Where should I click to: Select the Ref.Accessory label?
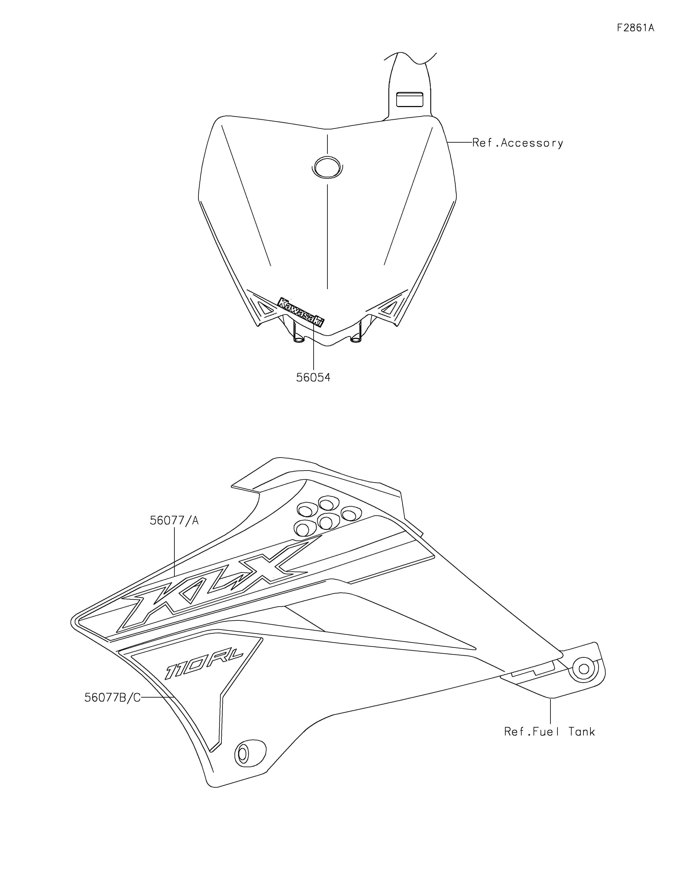pyautogui.click(x=518, y=143)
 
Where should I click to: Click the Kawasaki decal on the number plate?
pyautogui.click(x=301, y=312)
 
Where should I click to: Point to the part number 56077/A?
pyautogui.click(x=174, y=521)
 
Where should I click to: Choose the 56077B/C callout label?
pyautogui.click(x=112, y=698)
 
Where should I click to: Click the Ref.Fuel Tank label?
pyautogui.click(x=549, y=731)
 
